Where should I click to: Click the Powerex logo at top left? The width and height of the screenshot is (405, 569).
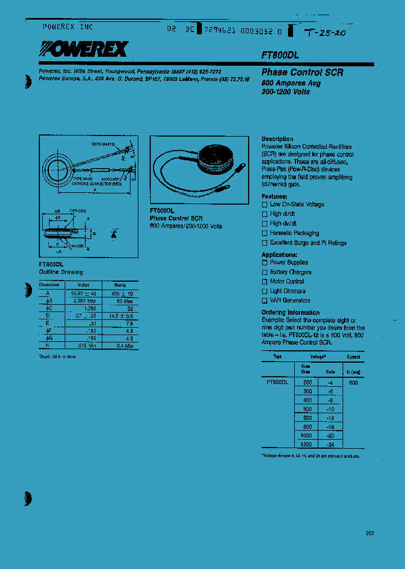(83, 51)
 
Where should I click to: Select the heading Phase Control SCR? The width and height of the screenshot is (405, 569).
(302, 73)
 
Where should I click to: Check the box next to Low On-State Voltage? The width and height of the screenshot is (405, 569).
(265, 205)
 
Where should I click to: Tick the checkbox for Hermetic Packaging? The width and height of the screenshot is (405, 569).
(265, 233)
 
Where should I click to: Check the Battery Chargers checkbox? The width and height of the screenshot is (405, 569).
(265, 272)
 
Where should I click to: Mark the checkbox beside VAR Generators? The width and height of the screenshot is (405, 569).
(265, 301)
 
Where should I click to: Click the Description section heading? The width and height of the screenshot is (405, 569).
(277, 139)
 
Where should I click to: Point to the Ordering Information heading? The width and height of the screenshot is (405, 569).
(290, 313)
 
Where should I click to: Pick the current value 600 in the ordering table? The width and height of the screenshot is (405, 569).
(353, 382)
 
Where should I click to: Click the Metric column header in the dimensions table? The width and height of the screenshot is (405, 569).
(116, 285)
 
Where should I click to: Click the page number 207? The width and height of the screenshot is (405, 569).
(369, 534)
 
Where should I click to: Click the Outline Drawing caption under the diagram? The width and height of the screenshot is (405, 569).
(61, 272)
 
